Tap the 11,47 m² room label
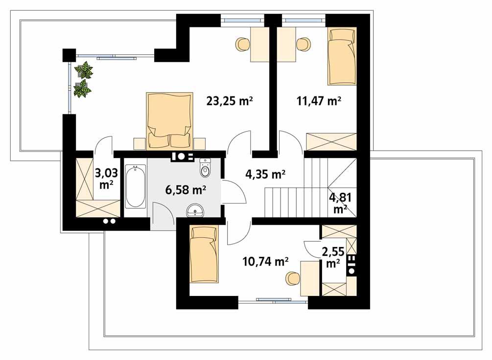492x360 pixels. (x=319, y=101)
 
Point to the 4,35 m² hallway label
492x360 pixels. (x=265, y=174)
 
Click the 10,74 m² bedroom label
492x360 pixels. (x=265, y=262)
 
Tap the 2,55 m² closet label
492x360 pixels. (x=332, y=257)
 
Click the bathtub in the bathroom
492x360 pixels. (x=135, y=186)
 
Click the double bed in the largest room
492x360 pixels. (x=168, y=121)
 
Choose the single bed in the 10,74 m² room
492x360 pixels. (x=204, y=254)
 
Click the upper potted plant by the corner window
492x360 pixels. (x=85, y=70)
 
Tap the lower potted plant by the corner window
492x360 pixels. (x=82, y=89)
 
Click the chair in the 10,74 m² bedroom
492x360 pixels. (x=292, y=278)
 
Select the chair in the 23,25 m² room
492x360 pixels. (x=243, y=45)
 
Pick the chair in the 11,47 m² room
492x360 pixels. (x=304, y=45)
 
